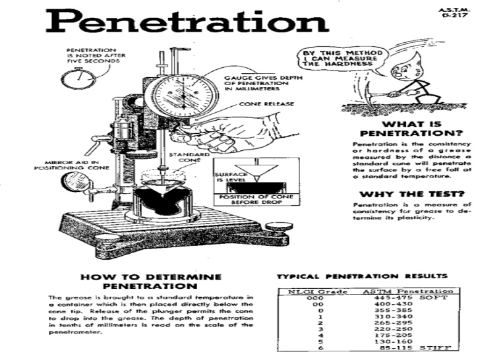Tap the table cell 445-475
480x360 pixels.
point(378,297)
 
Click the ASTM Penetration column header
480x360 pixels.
point(408,291)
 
